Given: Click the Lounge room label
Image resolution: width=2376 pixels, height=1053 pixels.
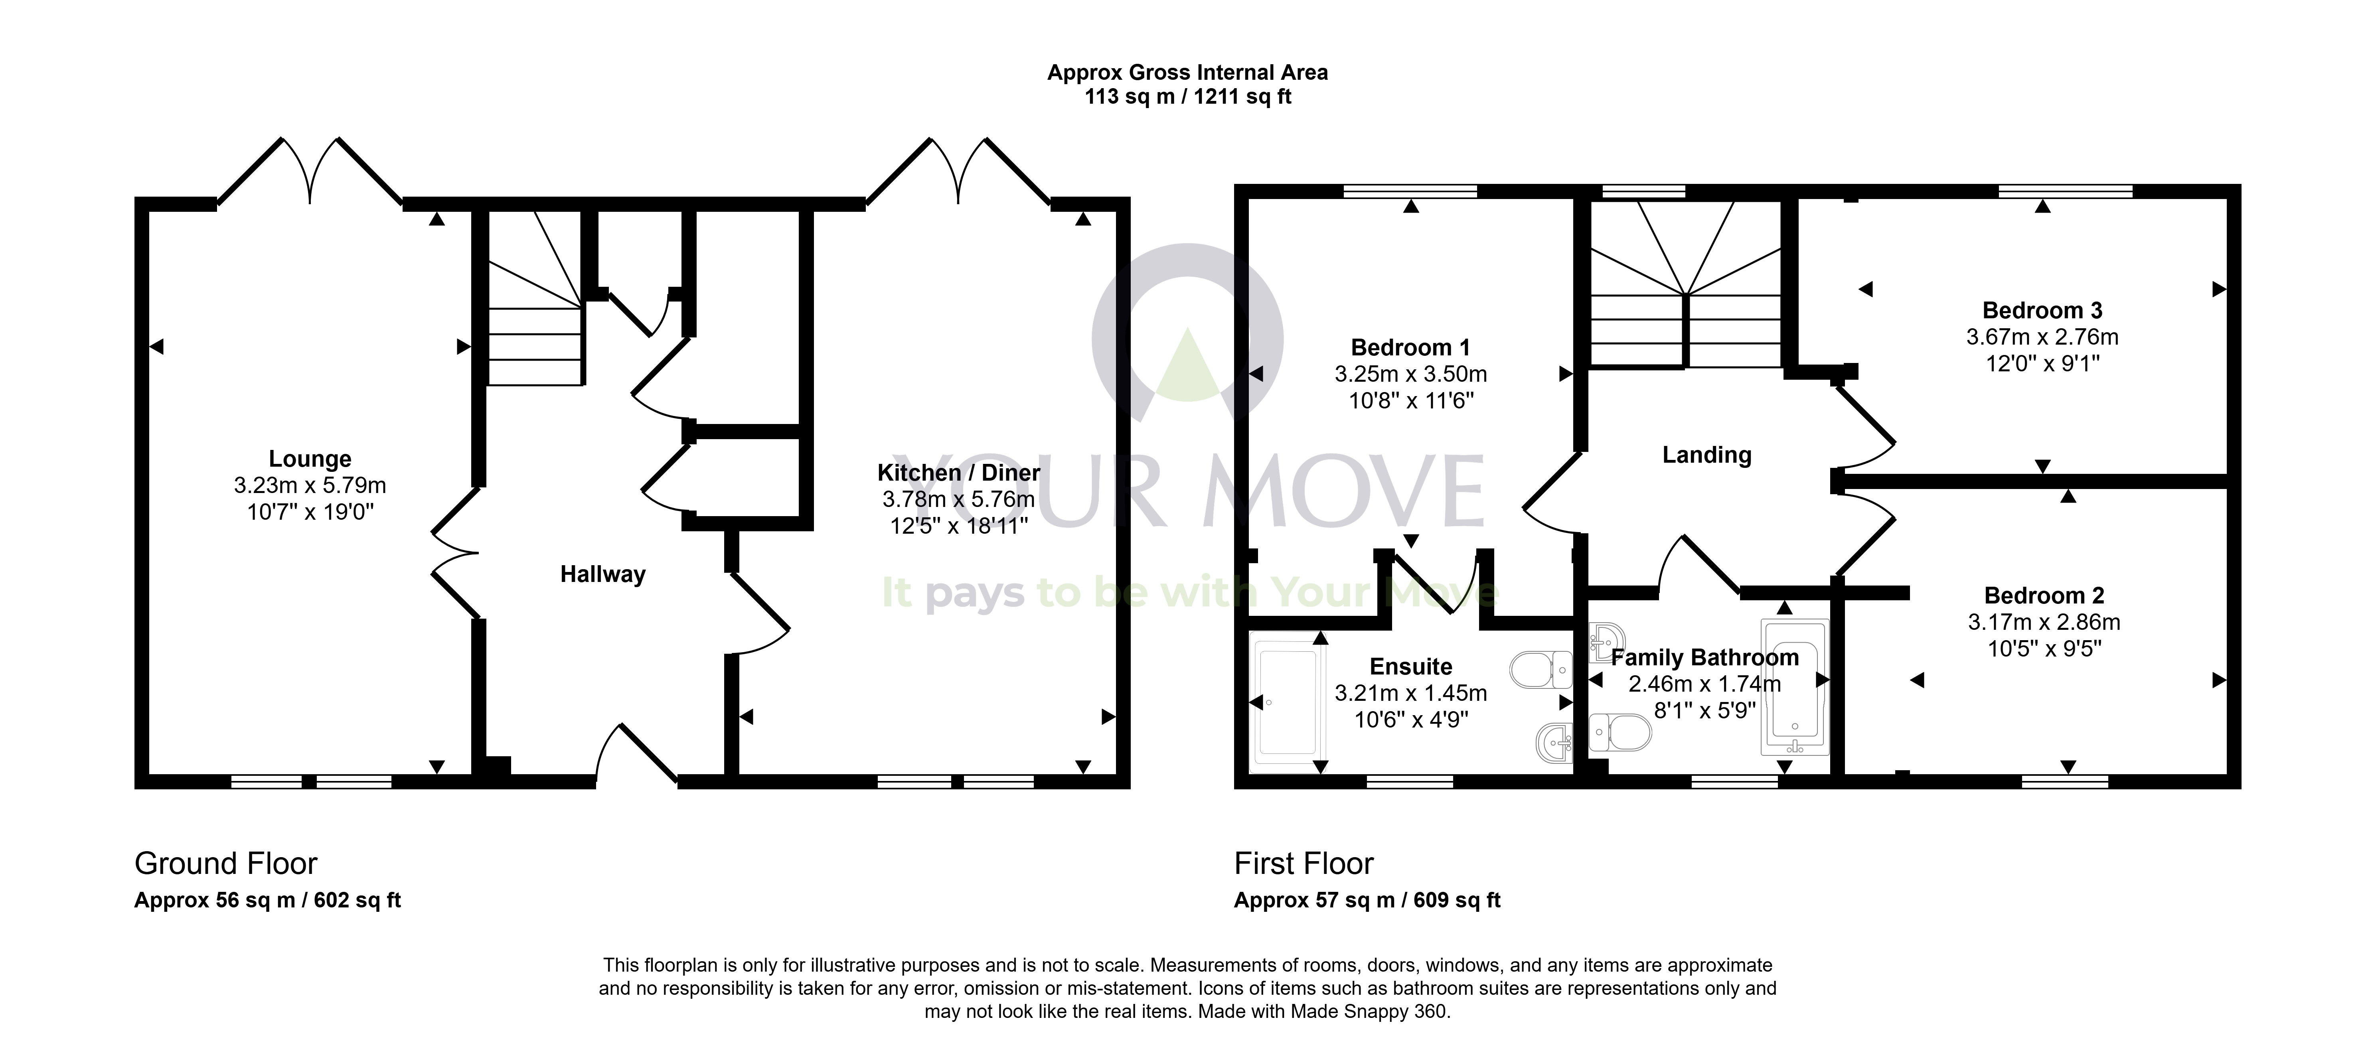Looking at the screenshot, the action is coord(310,459).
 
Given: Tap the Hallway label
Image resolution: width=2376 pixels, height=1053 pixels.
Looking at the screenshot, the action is coord(603,574).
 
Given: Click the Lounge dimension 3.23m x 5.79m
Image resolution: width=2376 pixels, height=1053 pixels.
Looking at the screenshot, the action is coord(310,485).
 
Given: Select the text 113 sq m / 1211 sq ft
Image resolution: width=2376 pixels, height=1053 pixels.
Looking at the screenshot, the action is coord(1188,97).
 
